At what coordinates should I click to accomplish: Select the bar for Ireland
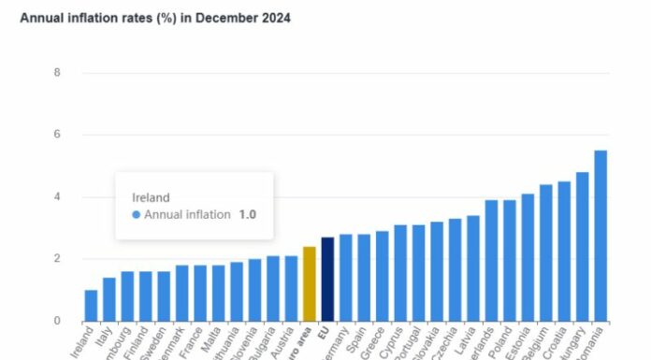click(91, 306)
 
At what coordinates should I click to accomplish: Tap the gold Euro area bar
click(310, 284)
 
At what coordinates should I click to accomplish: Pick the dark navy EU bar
click(327, 280)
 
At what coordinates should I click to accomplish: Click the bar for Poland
click(510, 261)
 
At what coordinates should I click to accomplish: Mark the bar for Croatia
click(564, 252)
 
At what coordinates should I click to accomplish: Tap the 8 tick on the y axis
click(57, 73)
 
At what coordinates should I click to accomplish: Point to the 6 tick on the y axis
click(57, 135)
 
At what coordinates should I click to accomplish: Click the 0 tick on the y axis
click(57, 321)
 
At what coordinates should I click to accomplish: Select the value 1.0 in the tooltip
click(246, 214)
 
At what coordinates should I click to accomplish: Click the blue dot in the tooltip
click(137, 214)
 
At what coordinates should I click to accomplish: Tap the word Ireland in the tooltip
click(151, 197)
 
